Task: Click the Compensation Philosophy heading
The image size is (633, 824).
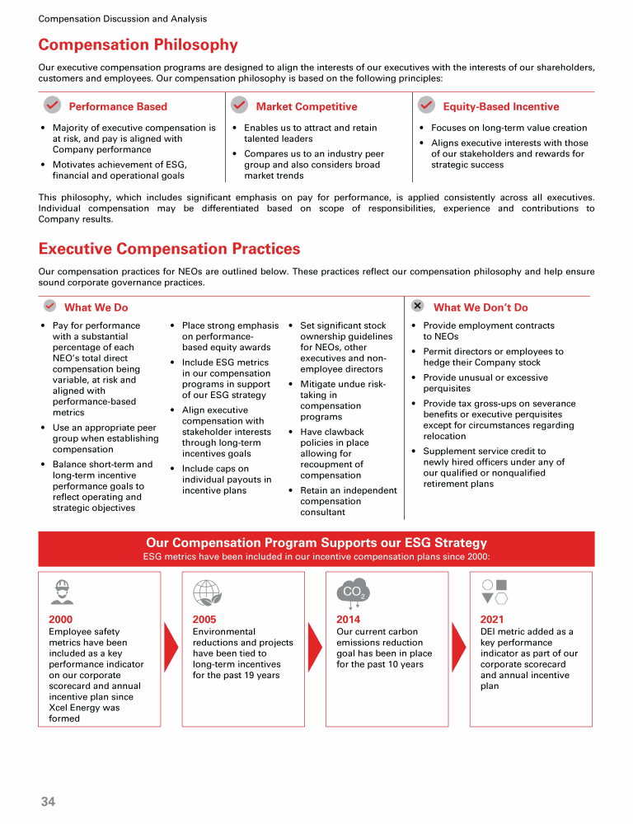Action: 138,45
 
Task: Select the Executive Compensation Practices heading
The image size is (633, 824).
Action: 169,249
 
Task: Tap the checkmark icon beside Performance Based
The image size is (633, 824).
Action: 51,105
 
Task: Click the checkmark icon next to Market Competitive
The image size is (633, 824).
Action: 239,105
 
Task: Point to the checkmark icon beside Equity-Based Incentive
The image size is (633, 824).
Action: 426,105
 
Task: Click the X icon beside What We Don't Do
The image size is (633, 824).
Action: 418,306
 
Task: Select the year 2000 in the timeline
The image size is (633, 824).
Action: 61,620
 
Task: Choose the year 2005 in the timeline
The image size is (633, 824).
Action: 204,620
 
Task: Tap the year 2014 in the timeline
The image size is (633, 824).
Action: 348,620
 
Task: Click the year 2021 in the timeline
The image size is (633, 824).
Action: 491,620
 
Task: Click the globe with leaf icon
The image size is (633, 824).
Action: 205,592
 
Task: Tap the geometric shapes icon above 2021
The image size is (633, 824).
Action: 495,592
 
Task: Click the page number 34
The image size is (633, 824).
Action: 48,801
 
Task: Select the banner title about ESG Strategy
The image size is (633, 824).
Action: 316,543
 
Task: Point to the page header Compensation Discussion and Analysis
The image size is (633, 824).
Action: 123,18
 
